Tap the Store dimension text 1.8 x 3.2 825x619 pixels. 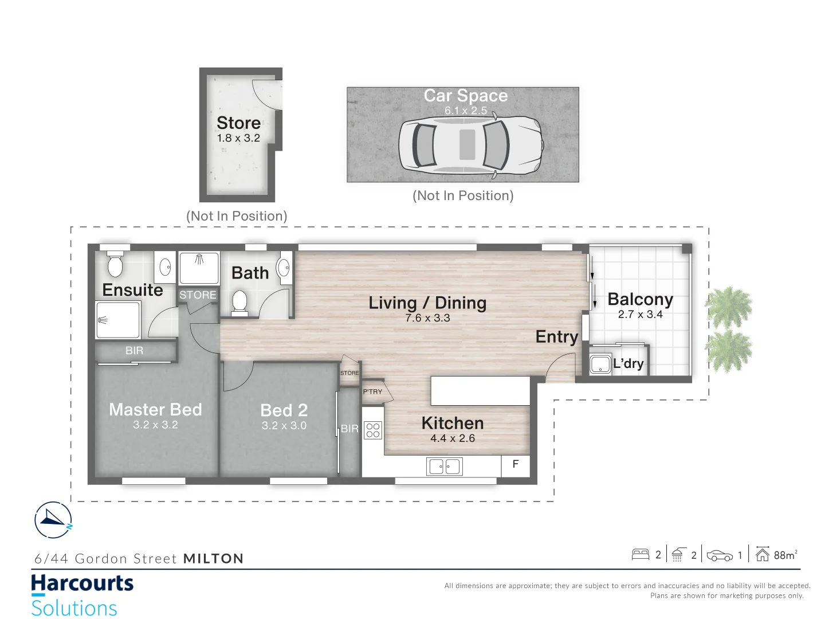click(x=238, y=138)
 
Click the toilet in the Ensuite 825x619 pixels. click(x=115, y=264)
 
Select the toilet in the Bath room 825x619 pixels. click(x=239, y=302)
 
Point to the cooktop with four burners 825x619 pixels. click(x=373, y=430)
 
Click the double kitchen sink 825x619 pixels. click(x=444, y=467)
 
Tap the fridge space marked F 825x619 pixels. click(x=516, y=464)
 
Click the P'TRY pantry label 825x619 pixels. click(x=372, y=392)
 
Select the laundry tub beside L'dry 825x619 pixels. click(x=600, y=365)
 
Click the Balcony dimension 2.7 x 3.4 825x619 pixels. click(x=640, y=315)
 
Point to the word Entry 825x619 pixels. click(x=556, y=337)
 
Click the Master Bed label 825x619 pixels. click(x=155, y=410)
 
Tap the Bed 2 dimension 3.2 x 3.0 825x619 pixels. click(x=284, y=426)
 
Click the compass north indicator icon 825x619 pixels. click(x=53, y=520)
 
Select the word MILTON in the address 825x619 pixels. click(x=214, y=559)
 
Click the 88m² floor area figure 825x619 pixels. click(x=785, y=555)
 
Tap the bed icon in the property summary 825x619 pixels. click(x=640, y=554)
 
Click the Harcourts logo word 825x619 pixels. click(x=82, y=584)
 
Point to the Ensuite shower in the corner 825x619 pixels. click(x=118, y=320)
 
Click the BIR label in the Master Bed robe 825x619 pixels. click(x=135, y=351)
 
